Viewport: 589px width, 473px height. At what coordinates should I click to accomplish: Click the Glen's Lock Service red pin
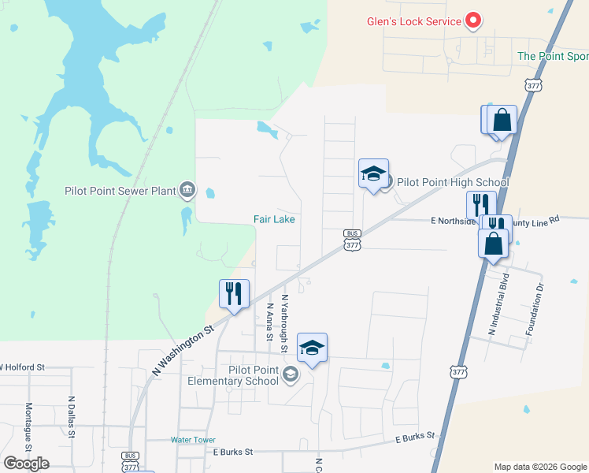473,20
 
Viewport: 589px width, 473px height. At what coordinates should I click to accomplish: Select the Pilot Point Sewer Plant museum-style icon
187,189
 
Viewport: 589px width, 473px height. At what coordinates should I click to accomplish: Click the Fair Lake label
274,219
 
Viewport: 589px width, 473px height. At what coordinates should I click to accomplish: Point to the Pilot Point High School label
453,182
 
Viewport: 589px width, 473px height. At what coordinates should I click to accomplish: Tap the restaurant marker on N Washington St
234,294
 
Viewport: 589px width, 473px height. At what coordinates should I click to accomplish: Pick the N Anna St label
269,322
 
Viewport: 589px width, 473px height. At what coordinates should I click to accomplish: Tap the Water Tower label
193,440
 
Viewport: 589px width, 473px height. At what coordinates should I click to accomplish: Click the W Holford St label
22,367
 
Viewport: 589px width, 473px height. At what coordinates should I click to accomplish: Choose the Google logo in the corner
27,463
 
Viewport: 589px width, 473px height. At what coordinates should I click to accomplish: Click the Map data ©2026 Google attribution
539,467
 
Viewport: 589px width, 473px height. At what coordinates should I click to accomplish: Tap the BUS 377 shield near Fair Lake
352,240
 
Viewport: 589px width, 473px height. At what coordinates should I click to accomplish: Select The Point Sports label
553,56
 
